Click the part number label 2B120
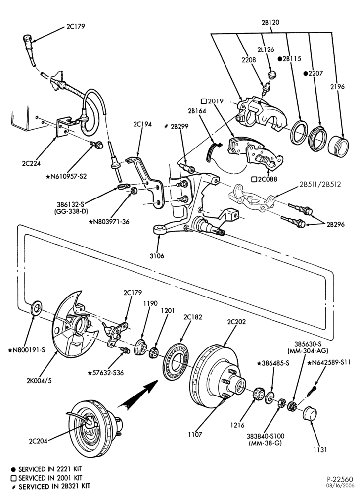(270, 22)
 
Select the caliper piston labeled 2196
(338, 146)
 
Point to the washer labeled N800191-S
(36, 308)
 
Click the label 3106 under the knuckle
(157, 256)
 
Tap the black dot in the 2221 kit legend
(13, 469)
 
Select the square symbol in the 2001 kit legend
(13, 478)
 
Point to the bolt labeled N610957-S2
(96, 145)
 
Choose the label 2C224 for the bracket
(31, 163)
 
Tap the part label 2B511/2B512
(320, 184)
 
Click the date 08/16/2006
(340, 487)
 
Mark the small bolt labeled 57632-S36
(125, 350)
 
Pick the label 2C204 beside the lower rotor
(38, 441)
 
